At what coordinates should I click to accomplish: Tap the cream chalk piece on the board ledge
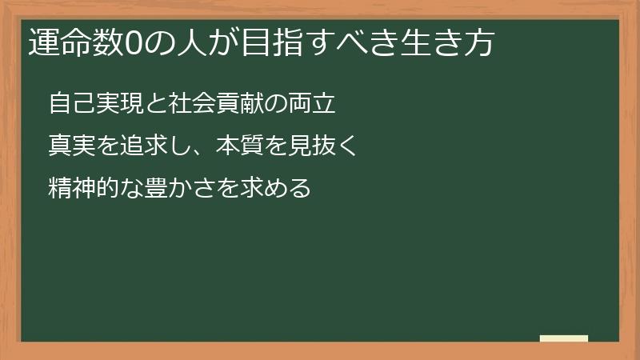click(x=564, y=339)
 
